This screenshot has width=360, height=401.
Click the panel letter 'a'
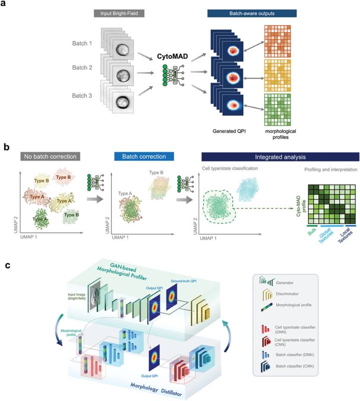tap(7, 7)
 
